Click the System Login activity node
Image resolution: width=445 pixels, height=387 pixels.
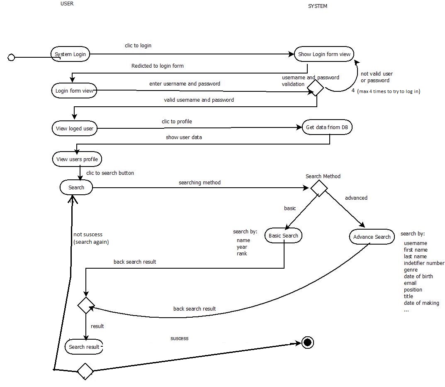point(71,54)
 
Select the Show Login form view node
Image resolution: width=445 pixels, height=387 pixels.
point(324,54)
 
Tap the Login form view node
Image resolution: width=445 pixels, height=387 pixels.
point(74,91)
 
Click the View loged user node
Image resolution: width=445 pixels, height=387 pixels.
point(75,128)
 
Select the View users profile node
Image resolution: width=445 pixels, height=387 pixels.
point(77,159)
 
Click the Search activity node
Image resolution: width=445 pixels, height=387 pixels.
point(76,188)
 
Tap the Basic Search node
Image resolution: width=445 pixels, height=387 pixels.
point(283,236)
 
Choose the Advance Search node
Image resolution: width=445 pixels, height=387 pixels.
point(372,237)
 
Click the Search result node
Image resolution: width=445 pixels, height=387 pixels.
point(84,347)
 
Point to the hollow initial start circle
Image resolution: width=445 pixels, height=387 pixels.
point(12,58)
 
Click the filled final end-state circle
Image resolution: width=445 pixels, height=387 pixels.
point(307,343)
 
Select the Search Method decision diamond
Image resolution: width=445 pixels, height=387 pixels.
point(319,188)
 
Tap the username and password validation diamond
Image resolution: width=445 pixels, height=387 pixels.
point(315,88)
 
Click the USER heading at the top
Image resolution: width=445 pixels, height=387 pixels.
point(67,4)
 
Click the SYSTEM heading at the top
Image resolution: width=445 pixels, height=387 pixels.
point(318,6)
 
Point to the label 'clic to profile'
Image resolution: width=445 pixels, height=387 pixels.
point(177,122)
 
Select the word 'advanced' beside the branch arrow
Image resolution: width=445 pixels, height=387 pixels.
point(356,198)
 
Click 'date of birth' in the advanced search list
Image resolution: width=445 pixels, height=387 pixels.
point(418,277)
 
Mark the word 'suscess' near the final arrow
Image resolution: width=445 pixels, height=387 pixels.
point(179,338)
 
